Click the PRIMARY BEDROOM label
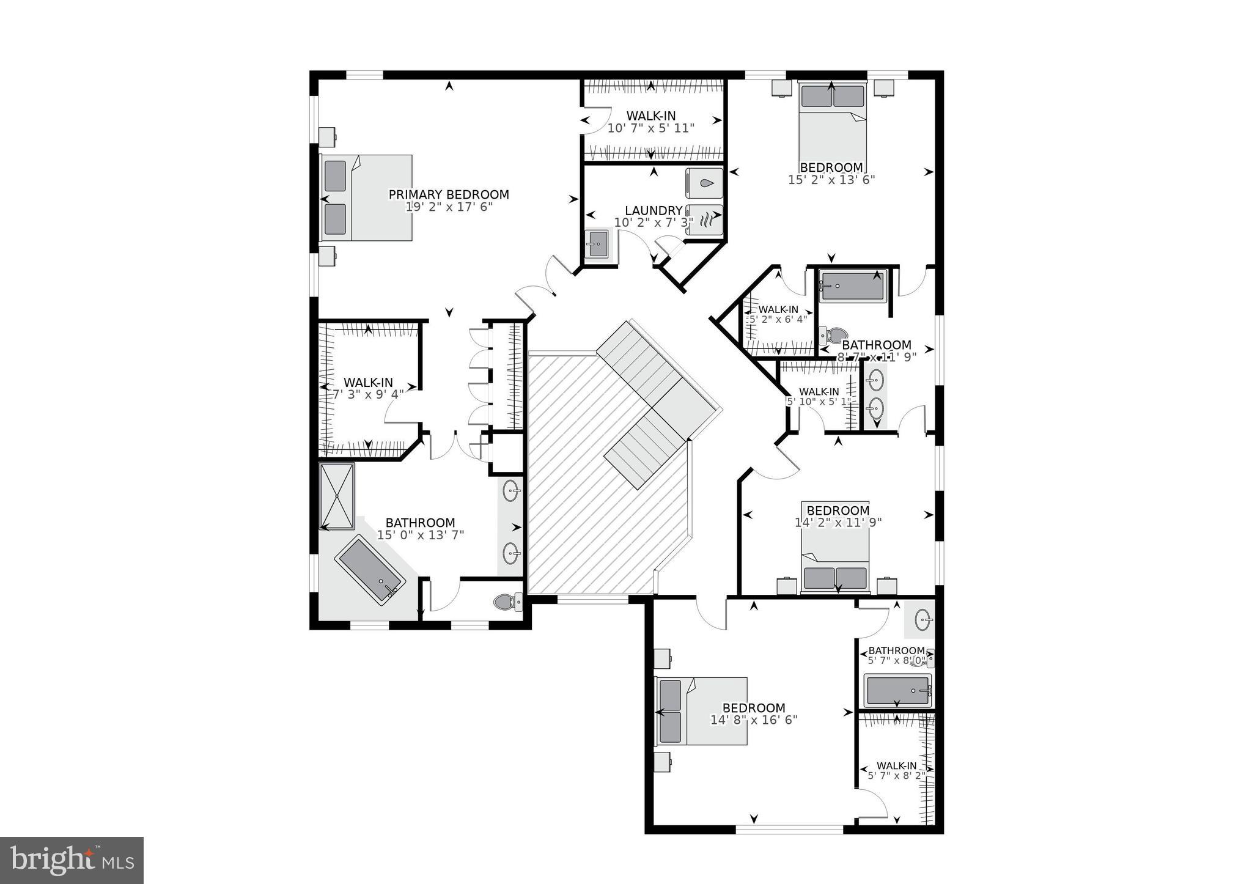[x=449, y=194]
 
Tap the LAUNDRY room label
[x=654, y=210]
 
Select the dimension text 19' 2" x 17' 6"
[x=449, y=207]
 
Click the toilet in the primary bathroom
[x=507, y=602]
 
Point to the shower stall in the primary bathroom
[x=337, y=496]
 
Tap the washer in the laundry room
[x=704, y=182]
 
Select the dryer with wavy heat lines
[x=704, y=219]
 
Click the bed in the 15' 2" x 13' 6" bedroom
[x=832, y=125]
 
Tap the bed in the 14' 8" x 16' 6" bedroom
[x=701, y=711]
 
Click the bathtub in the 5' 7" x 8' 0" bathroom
[x=897, y=691]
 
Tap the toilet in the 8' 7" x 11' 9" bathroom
[x=833, y=334]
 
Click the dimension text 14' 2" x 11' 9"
[x=838, y=523]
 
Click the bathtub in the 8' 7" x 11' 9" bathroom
[x=852, y=286]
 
